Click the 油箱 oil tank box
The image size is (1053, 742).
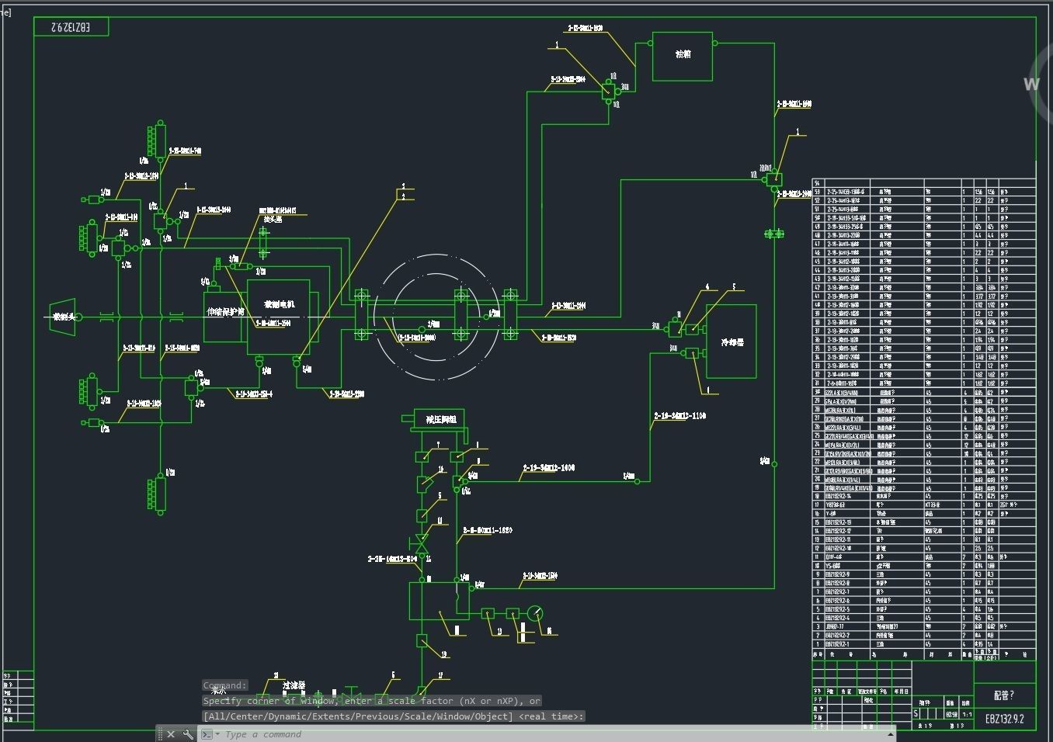point(682,56)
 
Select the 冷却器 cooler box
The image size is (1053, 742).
point(731,342)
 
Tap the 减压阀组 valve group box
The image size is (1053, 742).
point(440,420)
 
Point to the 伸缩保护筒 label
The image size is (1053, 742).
point(225,312)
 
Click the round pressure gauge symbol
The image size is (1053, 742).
point(534,614)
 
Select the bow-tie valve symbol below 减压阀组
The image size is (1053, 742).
point(422,541)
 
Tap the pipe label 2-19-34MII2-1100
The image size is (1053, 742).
point(679,416)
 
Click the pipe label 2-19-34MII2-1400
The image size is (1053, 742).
point(548,468)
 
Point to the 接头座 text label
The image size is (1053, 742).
point(273,219)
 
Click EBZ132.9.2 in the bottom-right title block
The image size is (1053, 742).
point(1004,719)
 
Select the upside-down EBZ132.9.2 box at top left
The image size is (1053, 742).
point(71,27)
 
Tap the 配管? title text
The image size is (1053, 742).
point(1003,695)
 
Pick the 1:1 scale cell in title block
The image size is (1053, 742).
point(967,714)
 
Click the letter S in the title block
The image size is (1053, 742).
point(916,713)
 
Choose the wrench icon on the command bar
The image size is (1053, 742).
point(188,734)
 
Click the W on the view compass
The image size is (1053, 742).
point(1031,84)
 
